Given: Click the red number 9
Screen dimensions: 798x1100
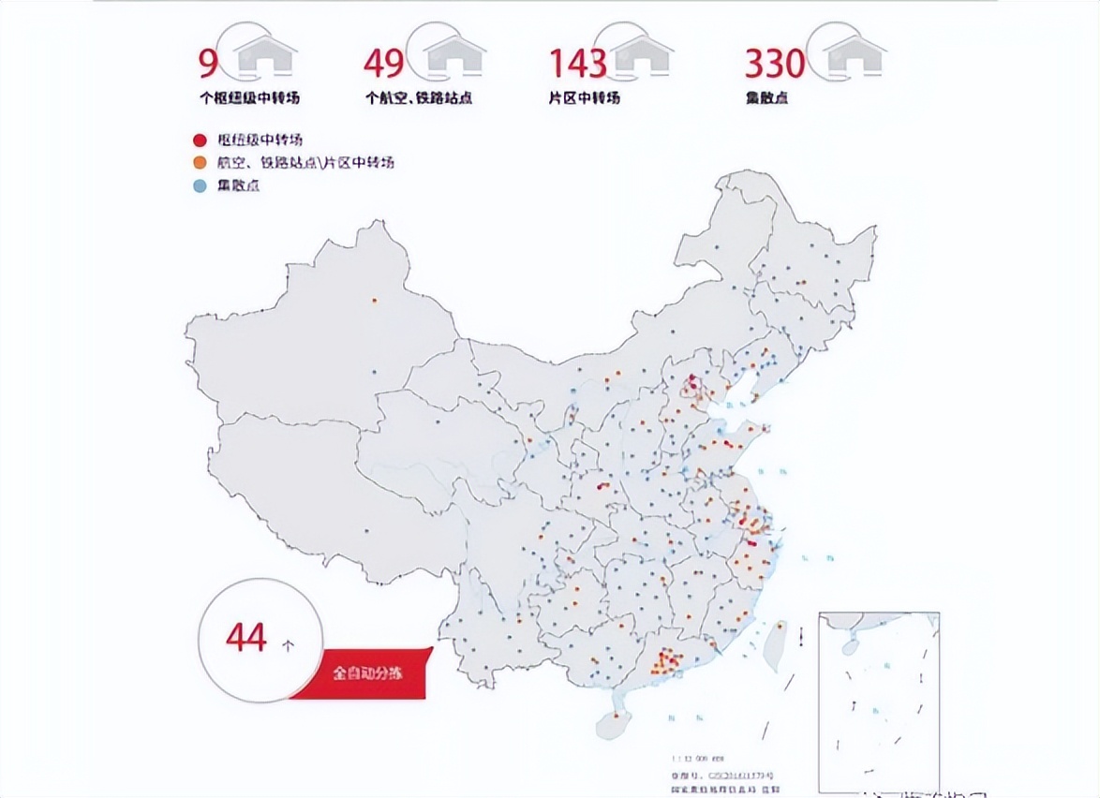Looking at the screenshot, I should click(207, 63).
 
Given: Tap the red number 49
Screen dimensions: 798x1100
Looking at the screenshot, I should click(384, 63).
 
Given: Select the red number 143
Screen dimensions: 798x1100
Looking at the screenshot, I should click(577, 63).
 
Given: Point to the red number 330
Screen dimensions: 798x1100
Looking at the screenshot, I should click(774, 63).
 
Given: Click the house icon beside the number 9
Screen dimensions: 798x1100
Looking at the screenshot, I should click(267, 55).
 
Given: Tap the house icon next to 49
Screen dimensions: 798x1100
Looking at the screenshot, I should click(455, 55).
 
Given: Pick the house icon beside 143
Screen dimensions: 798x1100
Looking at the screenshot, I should click(643, 55).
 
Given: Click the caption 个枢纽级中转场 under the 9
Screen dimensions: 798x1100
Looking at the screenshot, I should click(249, 97).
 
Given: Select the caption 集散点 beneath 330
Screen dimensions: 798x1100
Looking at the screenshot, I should click(766, 97).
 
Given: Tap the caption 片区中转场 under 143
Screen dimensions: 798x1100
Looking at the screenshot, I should click(584, 97).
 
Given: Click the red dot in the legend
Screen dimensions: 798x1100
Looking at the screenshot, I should click(199, 141).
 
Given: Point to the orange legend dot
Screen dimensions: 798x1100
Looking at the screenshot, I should click(199, 163).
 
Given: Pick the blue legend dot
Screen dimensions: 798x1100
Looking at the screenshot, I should click(199, 185).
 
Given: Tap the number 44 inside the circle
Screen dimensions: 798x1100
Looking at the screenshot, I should click(246, 638).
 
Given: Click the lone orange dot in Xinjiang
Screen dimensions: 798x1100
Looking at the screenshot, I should click(374, 301).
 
